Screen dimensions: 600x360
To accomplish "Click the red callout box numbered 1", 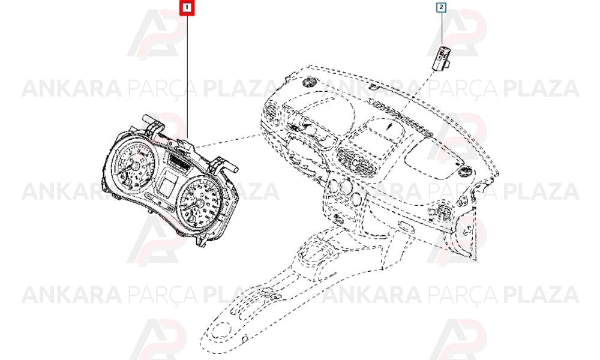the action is [x=187, y=7].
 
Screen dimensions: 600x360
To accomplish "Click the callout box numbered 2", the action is [x=441, y=7].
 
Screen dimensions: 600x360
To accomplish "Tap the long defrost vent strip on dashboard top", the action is [x=400, y=116].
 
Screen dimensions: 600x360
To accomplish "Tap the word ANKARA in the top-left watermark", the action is [x=72, y=88].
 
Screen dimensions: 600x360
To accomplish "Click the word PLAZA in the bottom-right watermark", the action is [x=541, y=295].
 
